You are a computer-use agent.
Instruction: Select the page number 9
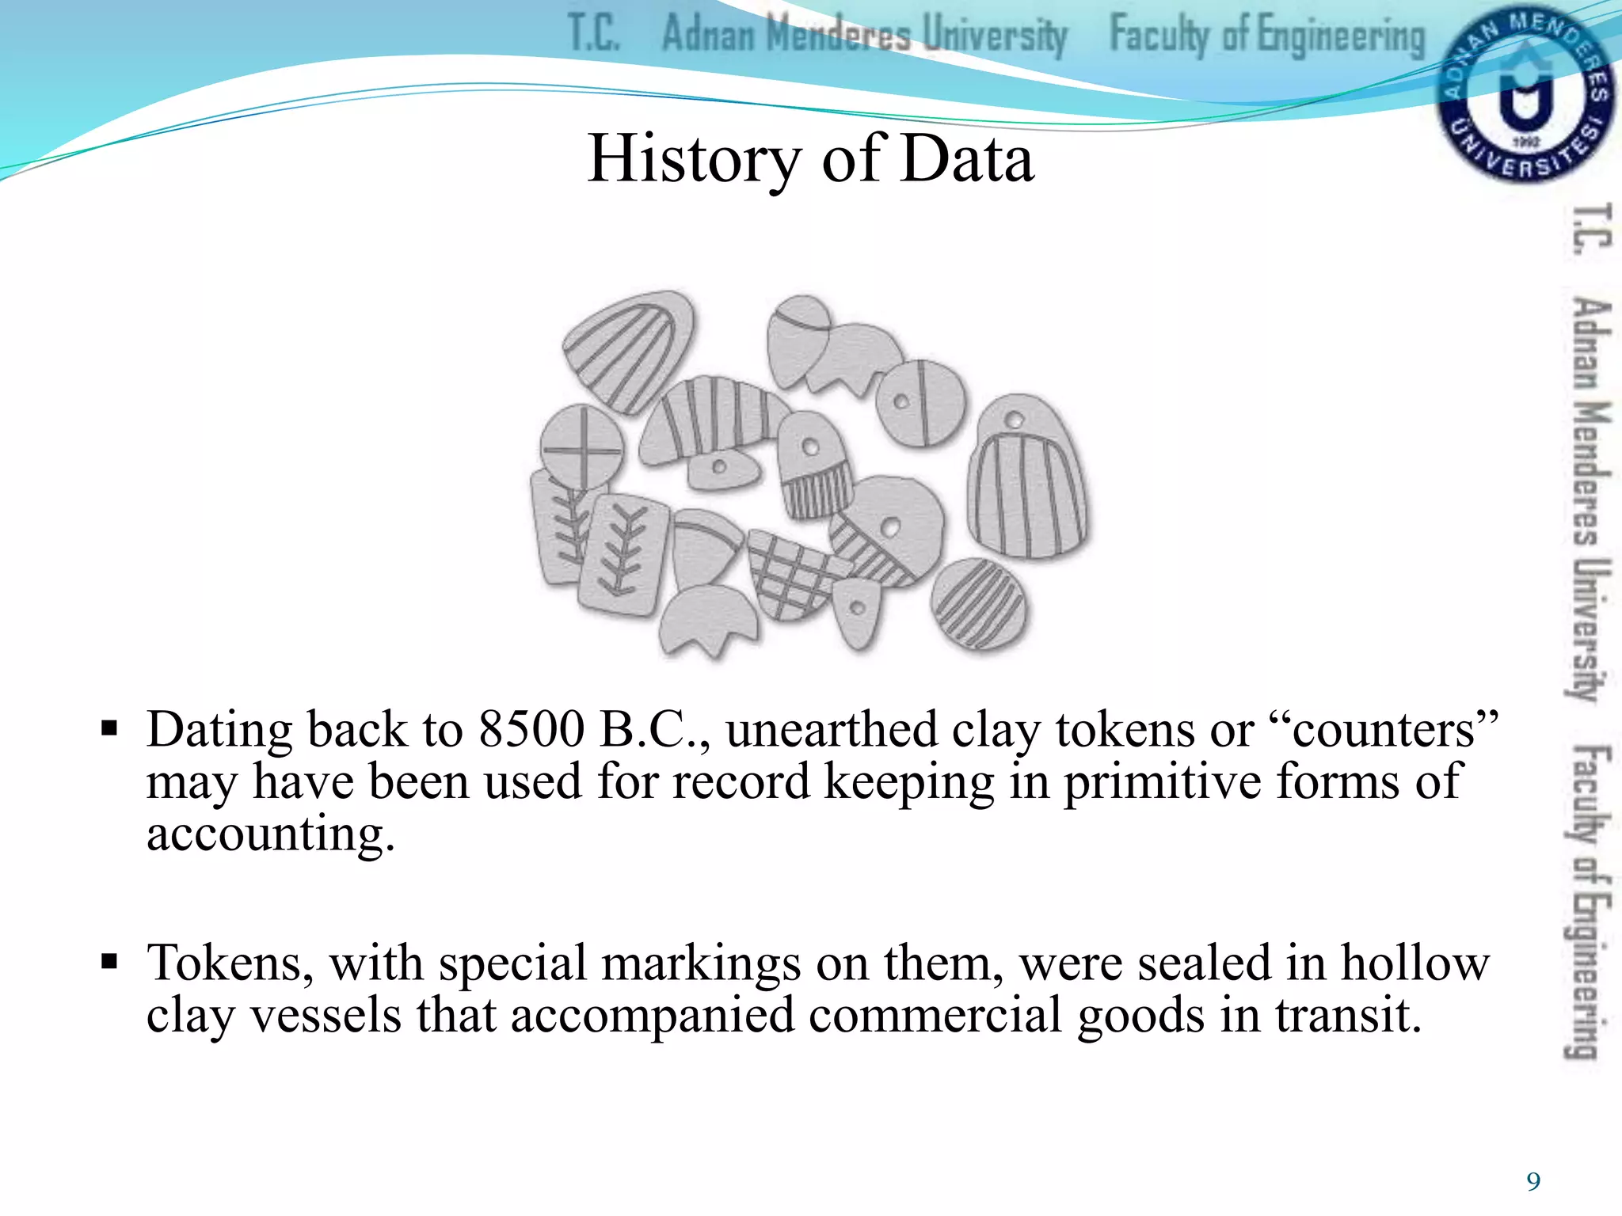pyautogui.click(x=1533, y=1182)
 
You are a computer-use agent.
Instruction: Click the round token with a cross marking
pyautogui.click(x=582, y=447)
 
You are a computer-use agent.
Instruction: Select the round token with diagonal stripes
pyautogui.click(x=977, y=605)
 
